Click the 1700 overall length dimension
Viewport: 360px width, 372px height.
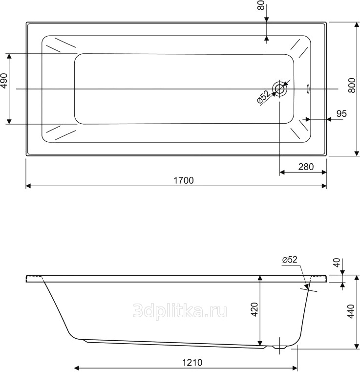coord(184,180)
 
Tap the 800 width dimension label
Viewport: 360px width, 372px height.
coord(352,86)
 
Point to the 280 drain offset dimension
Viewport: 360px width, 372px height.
coord(306,167)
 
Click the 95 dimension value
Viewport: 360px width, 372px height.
coord(341,113)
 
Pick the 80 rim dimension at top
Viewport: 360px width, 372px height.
coord(261,5)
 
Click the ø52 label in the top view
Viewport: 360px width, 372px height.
coord(264,97)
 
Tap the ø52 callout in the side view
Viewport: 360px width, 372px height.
coord(290,260)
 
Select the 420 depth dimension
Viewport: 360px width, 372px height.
coord(254,309)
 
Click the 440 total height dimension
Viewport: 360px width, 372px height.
coord(351,311)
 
